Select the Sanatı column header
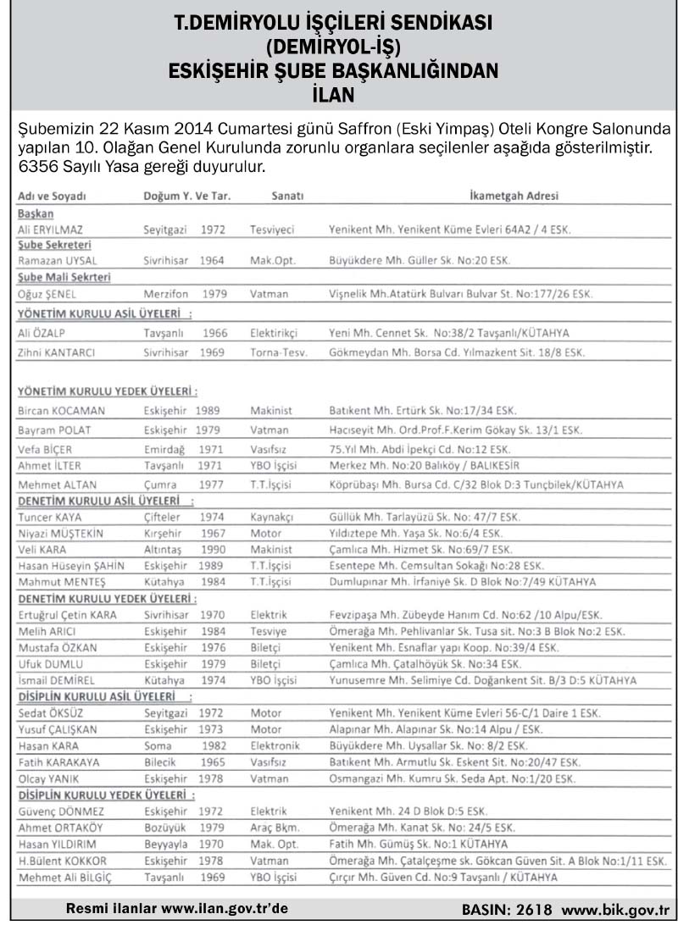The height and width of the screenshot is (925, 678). tap(287, 196)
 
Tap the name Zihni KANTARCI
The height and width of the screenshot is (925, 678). tap(59, 352)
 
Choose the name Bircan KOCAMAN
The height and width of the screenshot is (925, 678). tap(60, 410)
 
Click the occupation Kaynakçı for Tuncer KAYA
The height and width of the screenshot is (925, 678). tap(271, 517)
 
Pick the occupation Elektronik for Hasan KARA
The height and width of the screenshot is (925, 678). tap(275, 745)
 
